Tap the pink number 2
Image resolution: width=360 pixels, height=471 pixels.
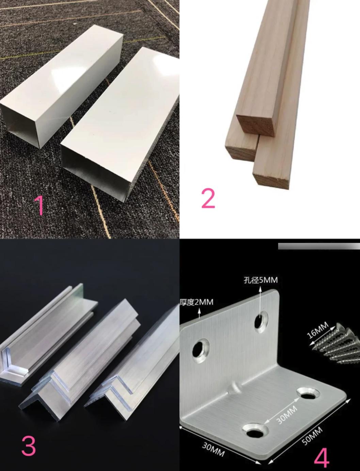click(208, 198)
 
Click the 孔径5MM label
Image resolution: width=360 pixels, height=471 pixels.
click(261, 280)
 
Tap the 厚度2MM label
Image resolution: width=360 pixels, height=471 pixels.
click(197, 302)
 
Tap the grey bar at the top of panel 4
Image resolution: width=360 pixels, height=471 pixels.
click(319, 246)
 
